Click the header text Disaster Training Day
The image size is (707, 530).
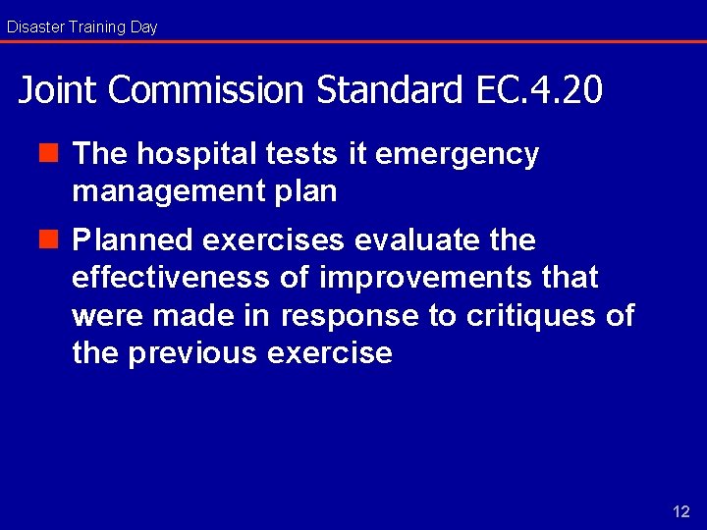pos(82,27)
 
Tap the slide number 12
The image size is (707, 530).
pos(680,511)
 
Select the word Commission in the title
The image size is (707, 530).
pos(206,90)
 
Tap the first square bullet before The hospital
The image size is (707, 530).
pos(58,153)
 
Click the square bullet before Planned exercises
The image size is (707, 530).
pos(58,239)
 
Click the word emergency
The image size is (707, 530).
pos(457,155)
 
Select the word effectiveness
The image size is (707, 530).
pos(170,278)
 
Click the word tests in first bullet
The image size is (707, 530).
pos(302,154)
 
